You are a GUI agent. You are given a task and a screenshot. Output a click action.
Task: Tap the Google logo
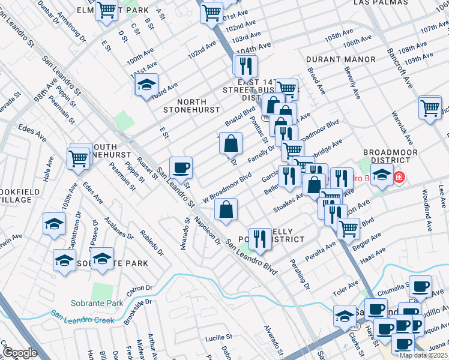(x=20, y=353)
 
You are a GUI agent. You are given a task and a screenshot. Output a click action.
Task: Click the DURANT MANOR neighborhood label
(x=340, y=60)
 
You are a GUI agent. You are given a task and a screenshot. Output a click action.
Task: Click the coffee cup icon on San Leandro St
(x=181, y=167)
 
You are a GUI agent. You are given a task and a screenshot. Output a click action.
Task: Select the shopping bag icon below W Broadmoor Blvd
(x=226, y=209)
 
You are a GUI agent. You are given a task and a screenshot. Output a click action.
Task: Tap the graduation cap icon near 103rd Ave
(x=145, y=86)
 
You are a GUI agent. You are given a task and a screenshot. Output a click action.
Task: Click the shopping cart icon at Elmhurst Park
(x=106, y=10)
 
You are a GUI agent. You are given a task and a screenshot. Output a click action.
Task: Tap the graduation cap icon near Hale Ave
(x=55, y=224)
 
